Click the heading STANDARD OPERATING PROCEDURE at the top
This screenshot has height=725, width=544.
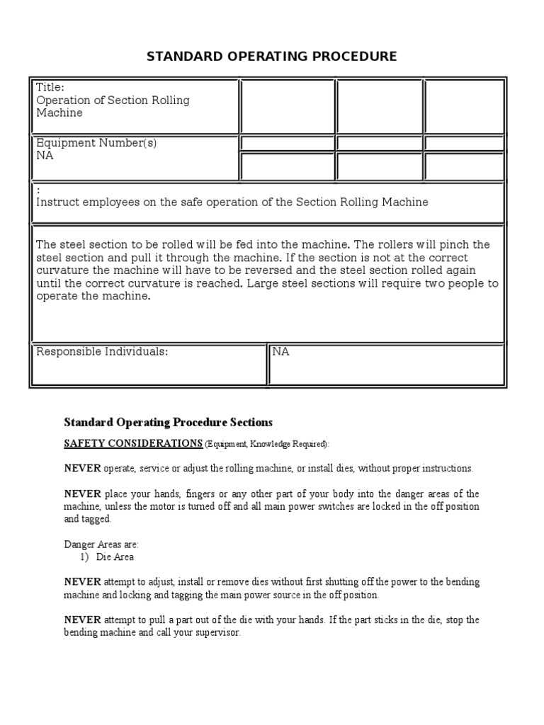point(271,56)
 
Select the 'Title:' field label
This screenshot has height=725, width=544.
point(50,88)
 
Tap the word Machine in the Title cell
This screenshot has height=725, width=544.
point(59,113)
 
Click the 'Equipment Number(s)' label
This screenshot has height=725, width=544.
point(96,143)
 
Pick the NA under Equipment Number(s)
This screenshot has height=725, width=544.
point(45,156)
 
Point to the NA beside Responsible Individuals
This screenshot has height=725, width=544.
point(281,352)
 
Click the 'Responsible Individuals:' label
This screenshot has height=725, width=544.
point(102,352)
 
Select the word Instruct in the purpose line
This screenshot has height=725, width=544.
point(58,202)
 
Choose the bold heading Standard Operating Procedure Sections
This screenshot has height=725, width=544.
point(168,423)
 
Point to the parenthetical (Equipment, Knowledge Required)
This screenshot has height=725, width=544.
point(267,444)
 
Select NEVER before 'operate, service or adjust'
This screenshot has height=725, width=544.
point(83,469)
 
